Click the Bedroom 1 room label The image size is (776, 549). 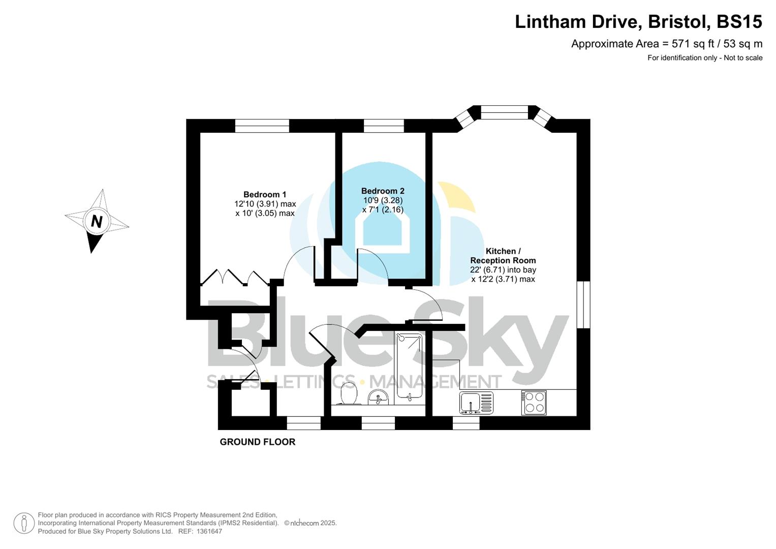[x=265, y=194]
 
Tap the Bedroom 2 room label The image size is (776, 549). [x=383, y=191]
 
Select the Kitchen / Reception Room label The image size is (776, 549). [x=503, y=256]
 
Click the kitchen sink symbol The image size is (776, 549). [x=476, y=403]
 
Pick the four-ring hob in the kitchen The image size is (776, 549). [x=534, y=403]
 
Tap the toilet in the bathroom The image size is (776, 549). [x=349, y=394]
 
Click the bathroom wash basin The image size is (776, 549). [x=378, y=397]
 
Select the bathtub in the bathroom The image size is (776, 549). [x=409, y=366]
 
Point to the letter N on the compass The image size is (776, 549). [x=96, y=222]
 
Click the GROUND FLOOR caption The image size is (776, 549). [x=257, y=442]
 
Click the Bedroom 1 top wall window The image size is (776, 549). [x=262, y=126]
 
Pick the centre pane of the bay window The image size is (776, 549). [x=504, y=112]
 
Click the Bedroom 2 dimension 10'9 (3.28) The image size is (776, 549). [x=383, y=200]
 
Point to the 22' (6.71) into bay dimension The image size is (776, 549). [x=503, y=270]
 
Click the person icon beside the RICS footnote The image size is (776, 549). [x=23, y=523]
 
